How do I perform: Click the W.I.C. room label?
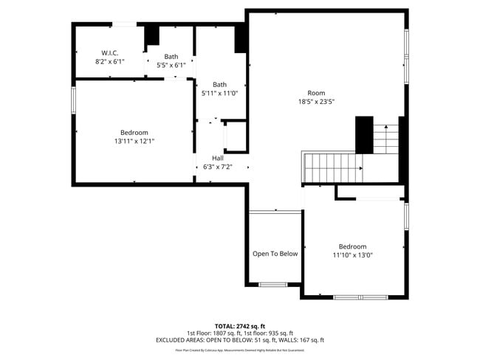(110, 52)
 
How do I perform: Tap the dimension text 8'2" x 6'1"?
(110, 62)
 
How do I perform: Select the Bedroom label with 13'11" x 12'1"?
(134, 132)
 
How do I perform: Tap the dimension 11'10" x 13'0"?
(352, 255)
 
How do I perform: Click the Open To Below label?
(275, 254)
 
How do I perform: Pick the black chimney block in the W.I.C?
(151, 36)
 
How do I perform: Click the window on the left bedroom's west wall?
(73, 100)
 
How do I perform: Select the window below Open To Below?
(272, 284)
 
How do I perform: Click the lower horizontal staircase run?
(332, 168)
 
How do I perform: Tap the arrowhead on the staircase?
(360, 168)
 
